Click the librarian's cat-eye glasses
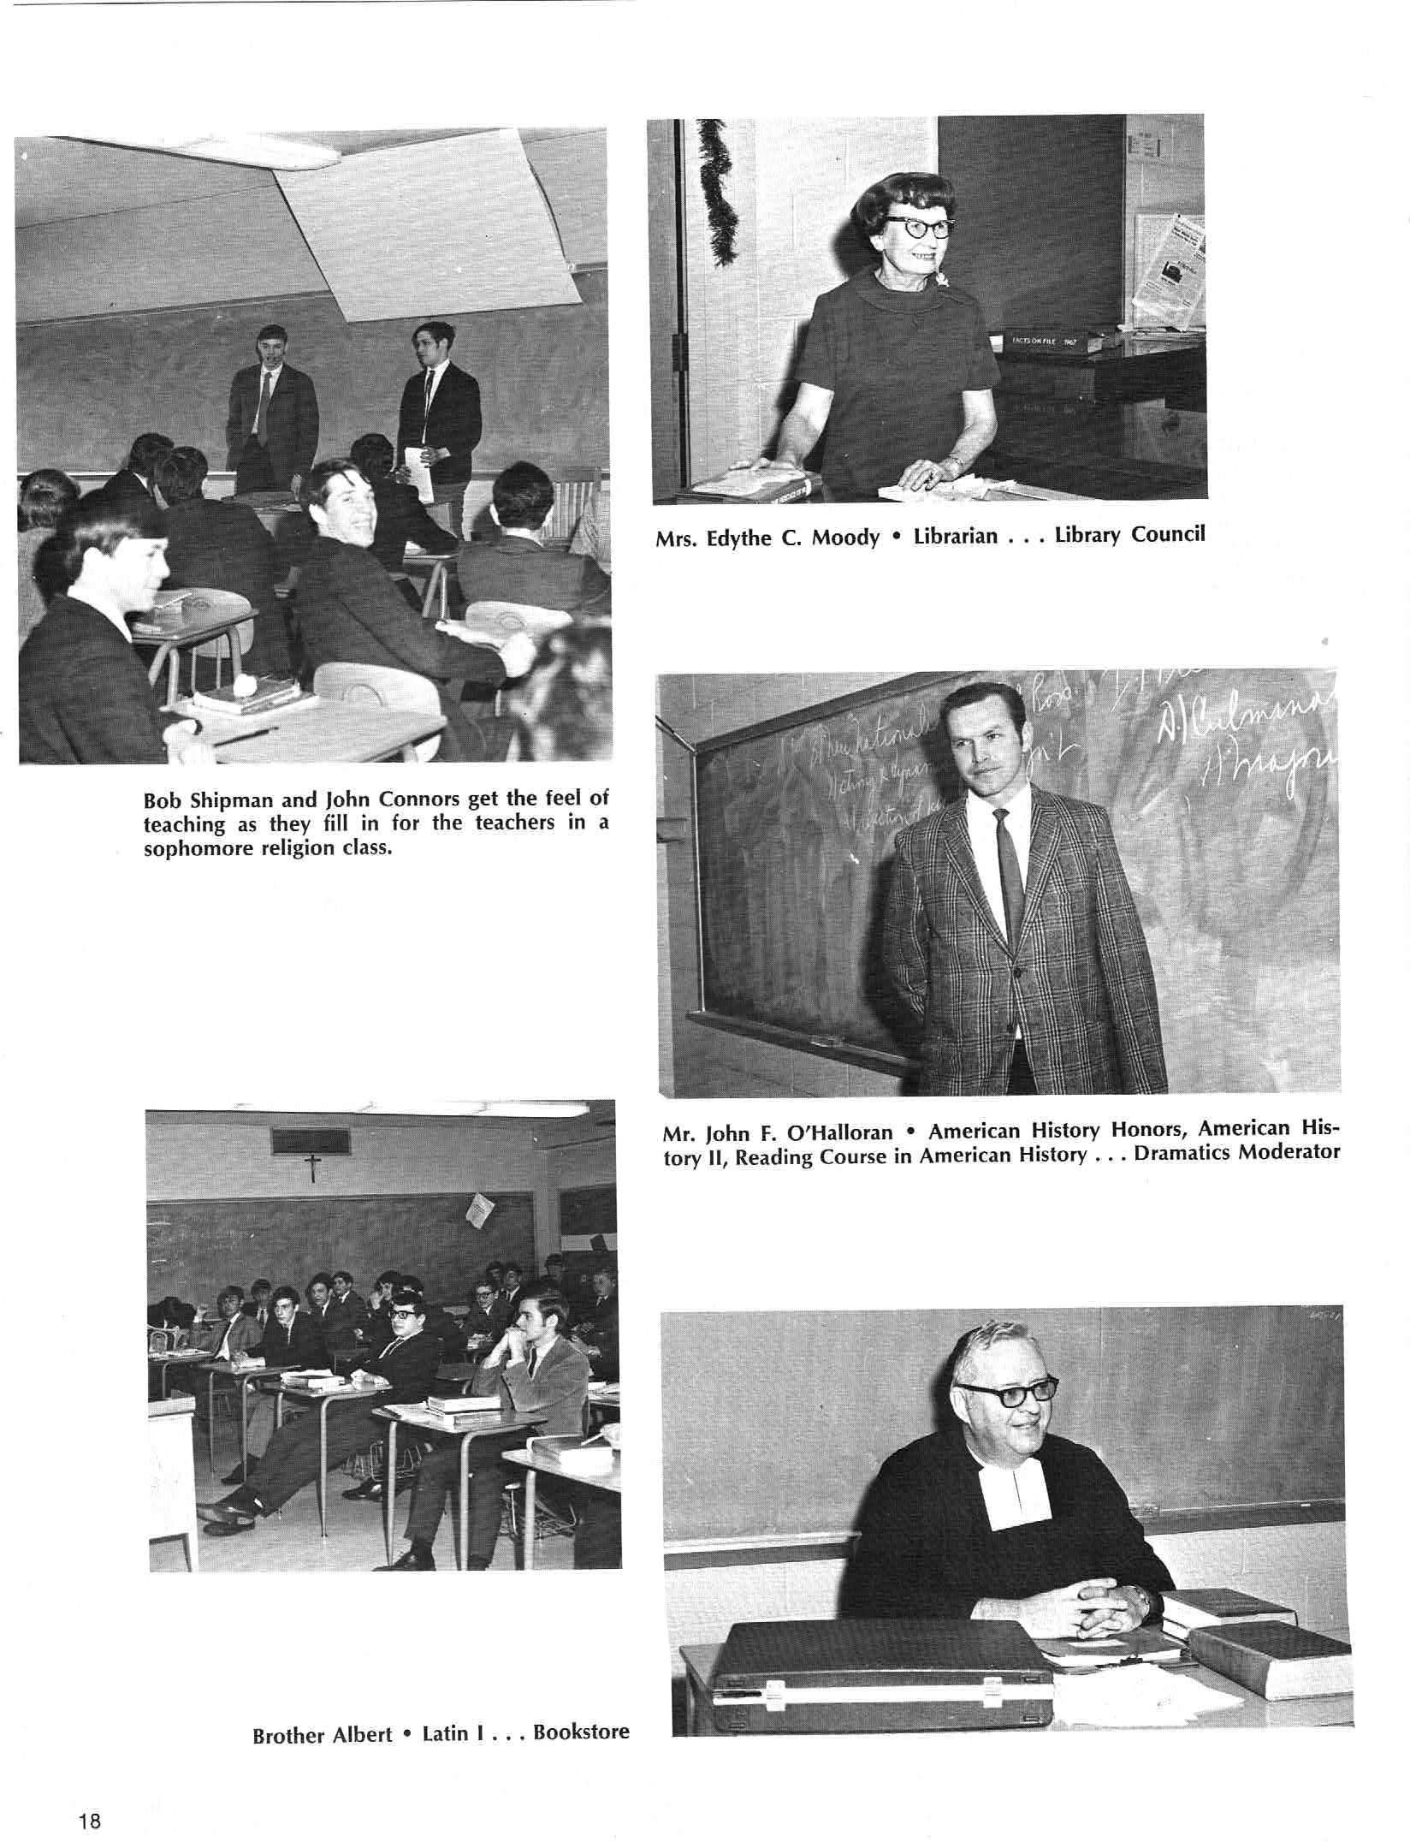click(919, 227)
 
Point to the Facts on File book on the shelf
click(1045, 342)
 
